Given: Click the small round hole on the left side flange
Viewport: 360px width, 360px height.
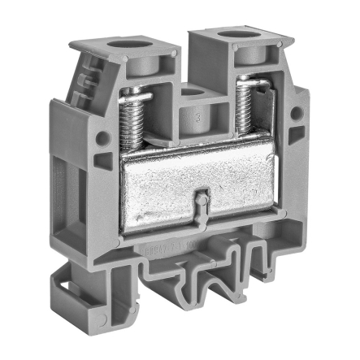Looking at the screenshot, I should point(102,138).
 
